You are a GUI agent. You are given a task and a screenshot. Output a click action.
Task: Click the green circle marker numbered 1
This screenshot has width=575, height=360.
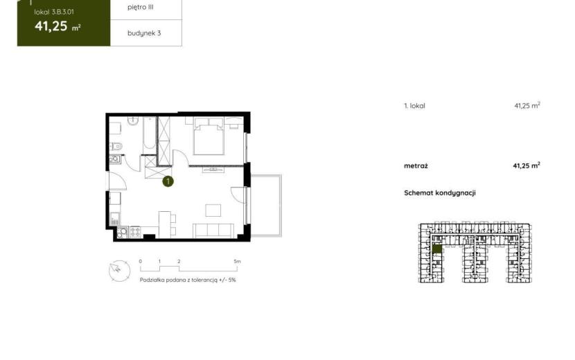coord(168,181)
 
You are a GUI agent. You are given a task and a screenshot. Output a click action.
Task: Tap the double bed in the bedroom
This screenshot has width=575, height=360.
coord(209,136)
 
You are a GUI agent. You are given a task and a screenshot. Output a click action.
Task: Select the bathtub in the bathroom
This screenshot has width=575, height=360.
coord(149,134)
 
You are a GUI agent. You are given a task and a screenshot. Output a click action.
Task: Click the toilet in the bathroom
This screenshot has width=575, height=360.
coord(116,147)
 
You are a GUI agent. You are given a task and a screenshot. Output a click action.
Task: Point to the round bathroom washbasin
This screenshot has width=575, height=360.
coord(133,120)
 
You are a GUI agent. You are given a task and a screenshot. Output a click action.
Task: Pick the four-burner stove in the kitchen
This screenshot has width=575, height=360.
coord(135,232)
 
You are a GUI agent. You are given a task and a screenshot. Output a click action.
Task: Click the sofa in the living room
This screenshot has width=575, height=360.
coord(213,231)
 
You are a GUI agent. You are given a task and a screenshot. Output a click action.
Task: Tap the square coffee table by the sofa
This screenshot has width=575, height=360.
coord(213,210)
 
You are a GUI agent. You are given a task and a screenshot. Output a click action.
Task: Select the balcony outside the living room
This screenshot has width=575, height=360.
coord(266,206)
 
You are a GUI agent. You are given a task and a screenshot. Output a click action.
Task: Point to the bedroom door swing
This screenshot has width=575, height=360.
coord(180,158)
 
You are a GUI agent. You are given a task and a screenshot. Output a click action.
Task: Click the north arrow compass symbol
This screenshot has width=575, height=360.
coord(120,271)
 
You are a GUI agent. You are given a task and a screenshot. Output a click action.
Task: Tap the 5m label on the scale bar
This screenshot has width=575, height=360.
coord(237,262)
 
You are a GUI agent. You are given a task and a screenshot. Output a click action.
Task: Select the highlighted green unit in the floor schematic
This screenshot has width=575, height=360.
coord(436,249)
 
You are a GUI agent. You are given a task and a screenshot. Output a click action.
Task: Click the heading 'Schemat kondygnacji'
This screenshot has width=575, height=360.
coord(440,193)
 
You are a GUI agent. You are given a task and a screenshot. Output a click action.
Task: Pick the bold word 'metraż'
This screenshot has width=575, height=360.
coord(416,165)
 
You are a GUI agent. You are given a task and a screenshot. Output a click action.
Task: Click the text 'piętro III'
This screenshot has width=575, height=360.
coord(141,7)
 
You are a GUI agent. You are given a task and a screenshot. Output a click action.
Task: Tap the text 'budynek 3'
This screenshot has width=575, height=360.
coord(144,33)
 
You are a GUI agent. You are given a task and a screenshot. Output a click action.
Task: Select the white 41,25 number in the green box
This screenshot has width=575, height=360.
coord(51,26)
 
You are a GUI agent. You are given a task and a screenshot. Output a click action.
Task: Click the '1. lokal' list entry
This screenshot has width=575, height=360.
coord(414,106)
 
